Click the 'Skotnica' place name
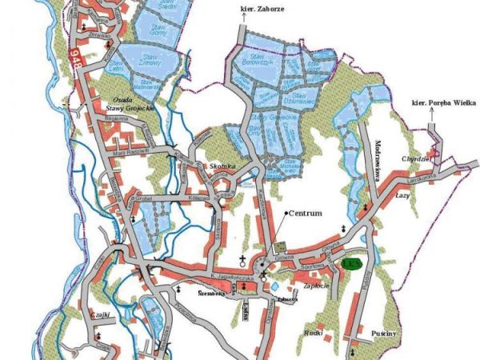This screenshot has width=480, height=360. [x=222, y=166]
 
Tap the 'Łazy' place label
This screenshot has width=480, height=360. [x=402, y=194]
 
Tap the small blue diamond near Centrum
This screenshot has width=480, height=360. [x=274, y=285]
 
